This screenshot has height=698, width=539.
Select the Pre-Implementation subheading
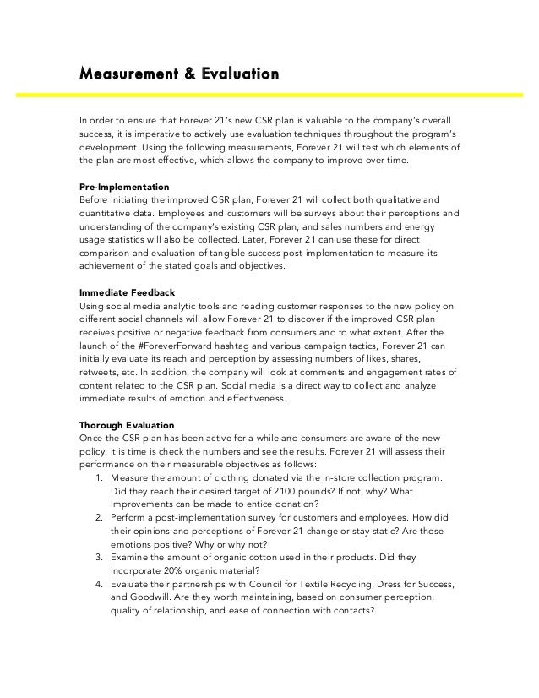pos(124,186)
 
